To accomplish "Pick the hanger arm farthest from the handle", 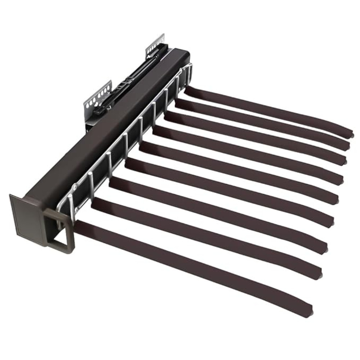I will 270,110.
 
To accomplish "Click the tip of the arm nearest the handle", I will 308,310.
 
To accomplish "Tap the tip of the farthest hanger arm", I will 349,133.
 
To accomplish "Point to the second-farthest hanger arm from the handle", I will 263,122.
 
